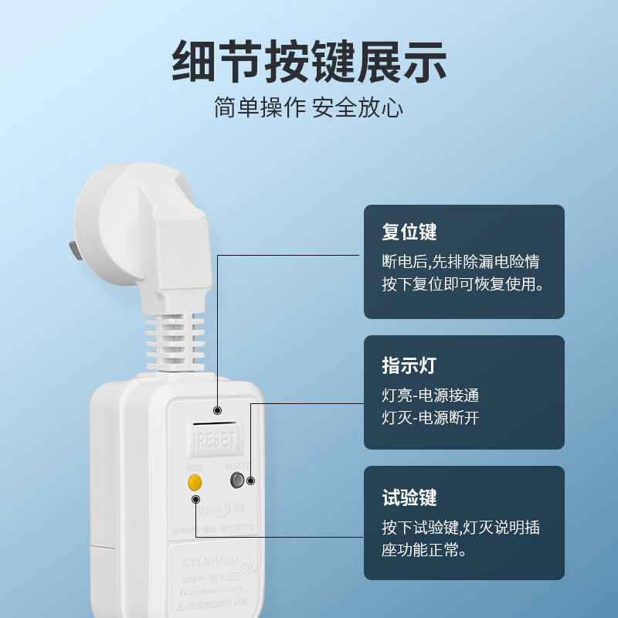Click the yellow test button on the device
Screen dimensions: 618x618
click(195, 483)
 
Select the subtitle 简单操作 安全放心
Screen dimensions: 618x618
click(309, 107)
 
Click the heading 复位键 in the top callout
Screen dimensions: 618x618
click(409, 232)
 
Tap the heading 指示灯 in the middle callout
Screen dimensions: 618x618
click(409, 365)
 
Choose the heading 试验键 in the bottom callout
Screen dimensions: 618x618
click(409, 497)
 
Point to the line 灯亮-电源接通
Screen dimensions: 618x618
click(430, 396)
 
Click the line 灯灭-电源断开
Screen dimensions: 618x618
click(430, 419)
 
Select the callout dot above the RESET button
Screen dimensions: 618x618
click(218, 409)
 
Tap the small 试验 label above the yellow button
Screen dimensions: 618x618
click(194, 467)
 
